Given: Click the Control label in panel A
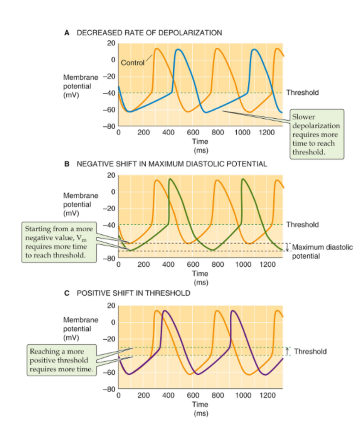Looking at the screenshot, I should click(x=133, y=63).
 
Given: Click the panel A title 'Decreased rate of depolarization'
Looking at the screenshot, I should click(x=149, y=32).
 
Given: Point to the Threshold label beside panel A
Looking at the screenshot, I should click(x=302, y=92).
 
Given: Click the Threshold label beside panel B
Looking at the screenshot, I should click(x=302, y=224).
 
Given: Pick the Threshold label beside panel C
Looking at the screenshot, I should click(x=310, y=351).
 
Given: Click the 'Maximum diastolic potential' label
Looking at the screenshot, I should click(x=322, y=251).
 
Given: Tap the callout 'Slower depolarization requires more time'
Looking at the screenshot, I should click(x=316, y=134).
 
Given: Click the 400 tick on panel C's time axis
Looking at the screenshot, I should click(x=168, y=395).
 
